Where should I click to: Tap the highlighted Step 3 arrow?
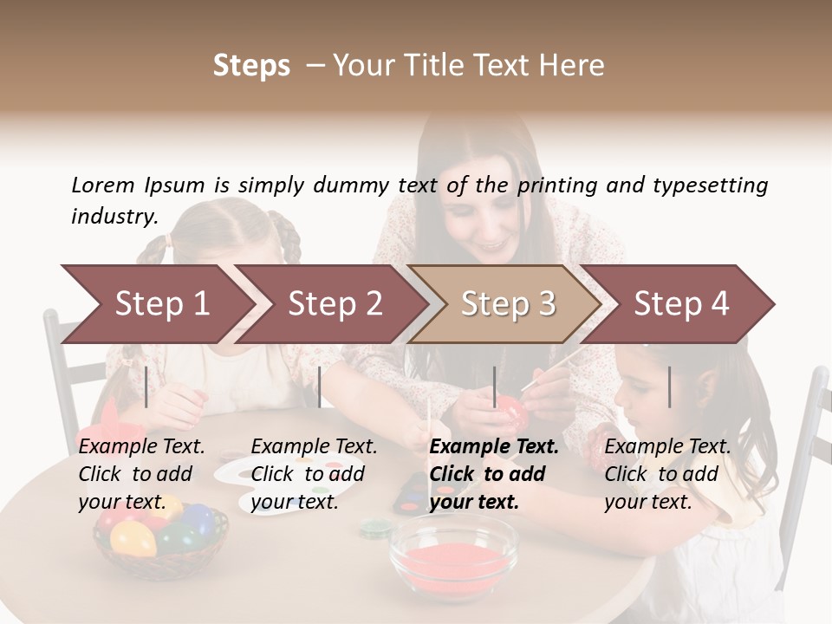(507, 303)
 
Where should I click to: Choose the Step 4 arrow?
(680, 303)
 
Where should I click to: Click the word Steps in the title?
(251, 66)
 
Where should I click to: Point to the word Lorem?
(103, 185)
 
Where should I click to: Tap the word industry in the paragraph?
(114, 216)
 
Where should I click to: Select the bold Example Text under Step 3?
(494, 447)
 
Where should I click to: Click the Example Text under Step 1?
(141, 447)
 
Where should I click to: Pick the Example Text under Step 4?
(667, 447)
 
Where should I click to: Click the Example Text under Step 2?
(314, 447)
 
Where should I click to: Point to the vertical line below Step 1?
(146, 387)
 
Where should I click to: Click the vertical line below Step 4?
(670, 387)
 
